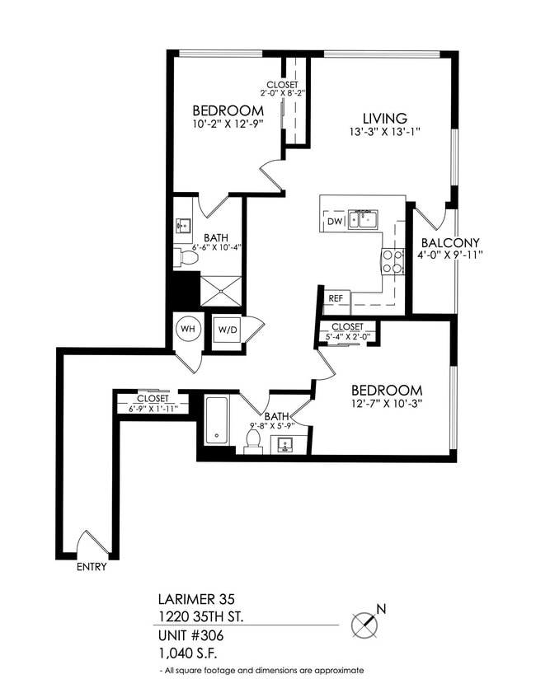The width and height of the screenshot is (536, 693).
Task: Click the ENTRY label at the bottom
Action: click(x=91, y=567)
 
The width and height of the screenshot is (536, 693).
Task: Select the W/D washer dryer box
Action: click(x=227, y=330)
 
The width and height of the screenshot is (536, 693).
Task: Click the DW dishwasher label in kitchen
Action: click(x=335, y=222)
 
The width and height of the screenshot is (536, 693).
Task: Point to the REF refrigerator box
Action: click(x=336, y=298)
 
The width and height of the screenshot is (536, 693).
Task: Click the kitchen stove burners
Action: click(x=391, y=261)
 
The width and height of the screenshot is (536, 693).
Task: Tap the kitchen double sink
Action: click(x=363, y=220)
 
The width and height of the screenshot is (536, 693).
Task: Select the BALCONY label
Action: click(x=450, y=243)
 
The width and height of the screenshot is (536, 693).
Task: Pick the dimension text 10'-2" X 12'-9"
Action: click(x=228, y=126)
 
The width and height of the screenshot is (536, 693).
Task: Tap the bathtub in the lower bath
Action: click(x=217, y=420)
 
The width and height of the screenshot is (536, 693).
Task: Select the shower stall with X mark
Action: click(x=222, y=288)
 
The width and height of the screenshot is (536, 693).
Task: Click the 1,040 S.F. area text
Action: click(x=188, y=653)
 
